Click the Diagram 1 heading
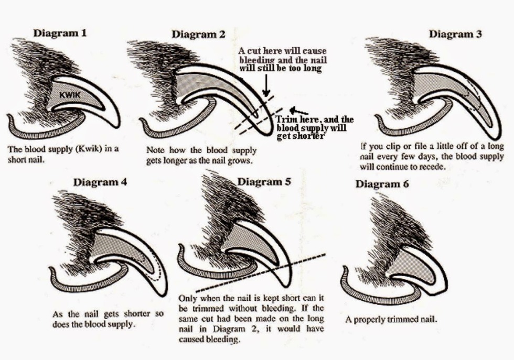click(60, 33)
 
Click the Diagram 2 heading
click(198, 35)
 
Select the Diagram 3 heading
click(455, 34)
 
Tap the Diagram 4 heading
click(100, 182)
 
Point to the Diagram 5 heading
click(264, 181)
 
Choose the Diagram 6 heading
click(382, 184)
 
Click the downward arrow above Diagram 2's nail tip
click(267, 84)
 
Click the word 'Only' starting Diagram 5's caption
click(188, 296)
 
